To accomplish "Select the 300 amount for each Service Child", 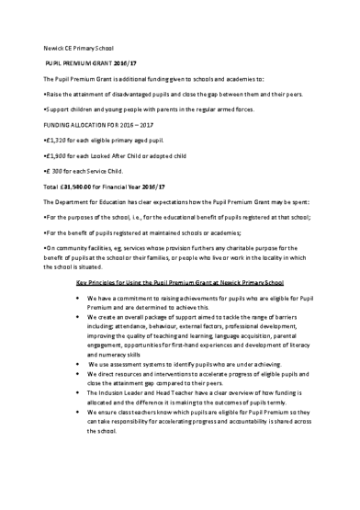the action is [62, 172].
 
